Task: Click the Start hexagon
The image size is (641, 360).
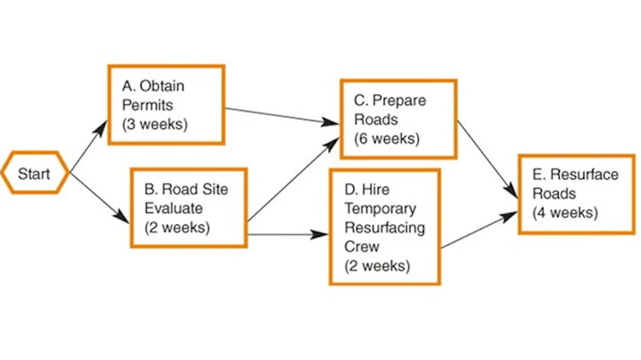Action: click(x=34, y=174)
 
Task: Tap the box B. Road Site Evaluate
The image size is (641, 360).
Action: click(x=188, y=208)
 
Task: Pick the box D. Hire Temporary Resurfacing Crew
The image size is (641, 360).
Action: click(x=384, y=227)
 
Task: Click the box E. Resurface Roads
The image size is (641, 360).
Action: click(x=577, y=193)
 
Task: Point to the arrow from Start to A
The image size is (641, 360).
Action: click(x=89, y=143)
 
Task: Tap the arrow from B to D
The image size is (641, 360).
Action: click(x=287, y=232)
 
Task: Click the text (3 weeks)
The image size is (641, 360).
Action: click(x=154, y=123)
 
